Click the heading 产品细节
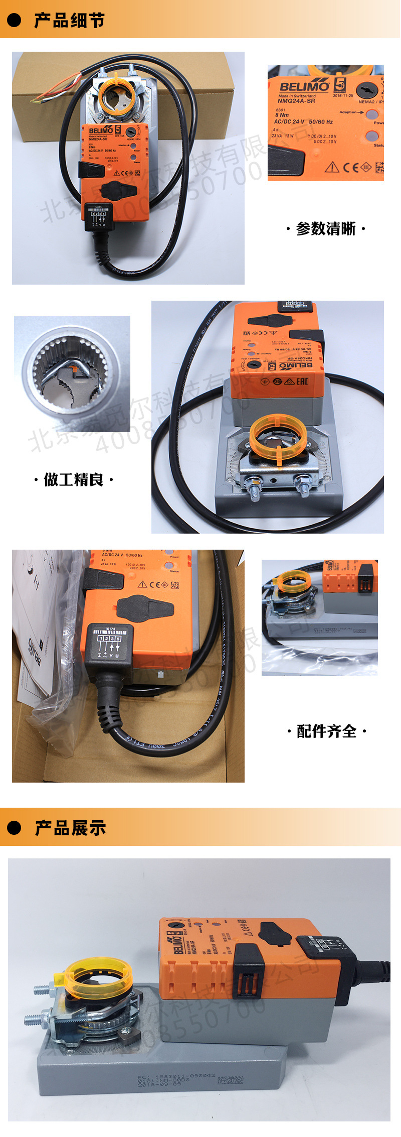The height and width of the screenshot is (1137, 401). [69, 21]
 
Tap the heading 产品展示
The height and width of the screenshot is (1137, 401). [70, 828]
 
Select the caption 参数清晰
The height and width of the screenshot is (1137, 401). [326, 229]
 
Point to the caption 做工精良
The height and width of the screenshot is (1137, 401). [74, 480]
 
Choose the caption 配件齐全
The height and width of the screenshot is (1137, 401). [327, 731]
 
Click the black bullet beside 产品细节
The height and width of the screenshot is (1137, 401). [14, 20]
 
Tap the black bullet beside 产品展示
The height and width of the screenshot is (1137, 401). [14, 828]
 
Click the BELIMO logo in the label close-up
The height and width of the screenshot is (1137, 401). [304, 86]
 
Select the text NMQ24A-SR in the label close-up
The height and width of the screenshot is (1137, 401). [296, 101]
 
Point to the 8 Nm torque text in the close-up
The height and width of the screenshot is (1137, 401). [282, 115]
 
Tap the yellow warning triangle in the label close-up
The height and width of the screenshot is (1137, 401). [332, 167]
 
